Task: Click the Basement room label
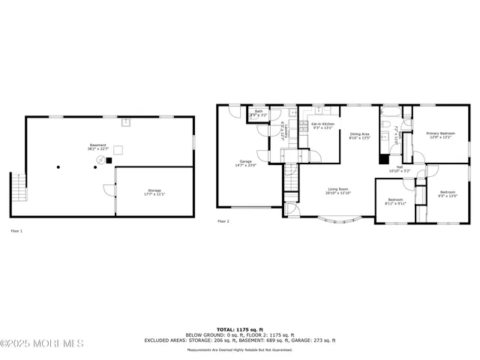coord(98,146)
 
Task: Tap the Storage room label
coord(154,192)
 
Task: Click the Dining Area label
coord(360,136)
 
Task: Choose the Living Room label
coord(338,190)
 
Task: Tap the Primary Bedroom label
coord(441,135)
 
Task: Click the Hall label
coord(400,169)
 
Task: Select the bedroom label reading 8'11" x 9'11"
coord(395,201)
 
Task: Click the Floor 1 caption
coord(16,231)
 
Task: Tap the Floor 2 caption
coord(223,221)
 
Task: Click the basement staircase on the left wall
coord(17,187)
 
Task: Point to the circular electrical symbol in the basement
coord(95,167)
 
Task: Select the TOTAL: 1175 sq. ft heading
coord(240,329)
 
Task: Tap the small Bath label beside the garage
coord(259,113)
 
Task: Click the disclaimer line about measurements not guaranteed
coord(240,349)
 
